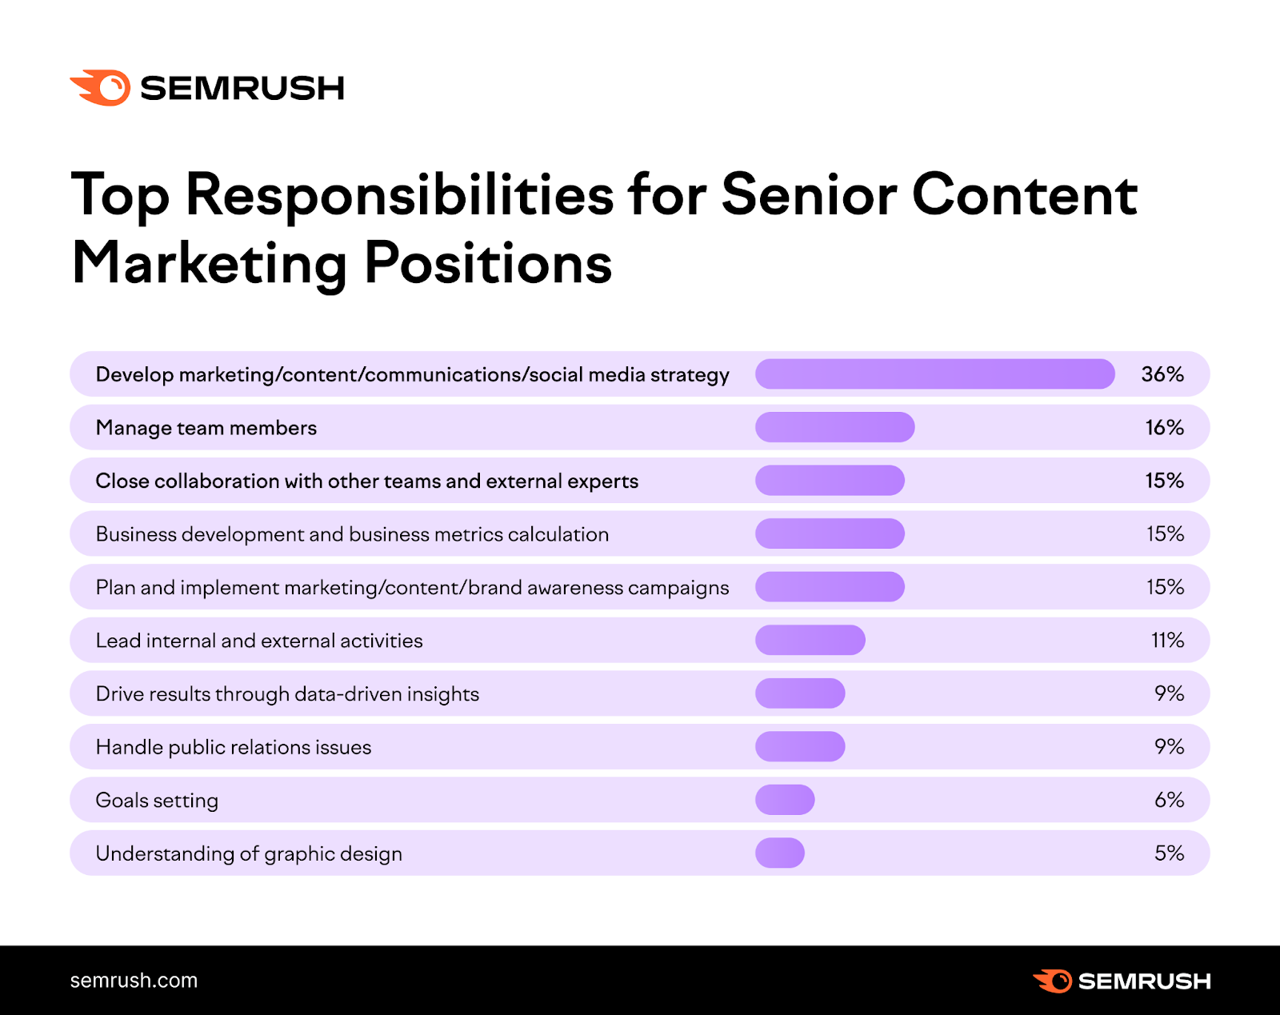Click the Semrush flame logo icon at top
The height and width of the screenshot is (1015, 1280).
pyautogui.click(x=101, y=87)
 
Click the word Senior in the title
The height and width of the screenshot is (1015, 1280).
pyautogui.click(x=809, y=194)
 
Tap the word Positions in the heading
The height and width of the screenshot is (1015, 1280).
pyautogui.click(x=488, y=263)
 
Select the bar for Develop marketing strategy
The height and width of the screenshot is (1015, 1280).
pyautogui.click(x=934, y=374)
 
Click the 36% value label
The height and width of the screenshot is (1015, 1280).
pyautogui.click(x=1162, y=374)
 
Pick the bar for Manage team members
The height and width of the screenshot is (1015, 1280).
pyautogui.click(x=834, y=427)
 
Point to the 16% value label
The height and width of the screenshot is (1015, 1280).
pyautogui.click(x=1164, y=427)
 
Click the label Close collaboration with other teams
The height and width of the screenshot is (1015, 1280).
pyautogui.click(x=366, y=481)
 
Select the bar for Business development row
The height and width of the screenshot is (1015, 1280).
pyautogui.click(x=830, y=533)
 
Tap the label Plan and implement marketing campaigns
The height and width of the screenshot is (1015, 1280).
pyautogui.click(x=412, y=587)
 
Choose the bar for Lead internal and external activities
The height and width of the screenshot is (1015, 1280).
pyautogui.click(x=810, y=640)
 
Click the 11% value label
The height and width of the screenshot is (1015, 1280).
pyautogui.click(x=1167, y=640)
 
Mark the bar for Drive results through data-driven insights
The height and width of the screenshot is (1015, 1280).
pyautogui.click(x=800, y=693)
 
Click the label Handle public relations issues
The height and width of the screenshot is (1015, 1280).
pyautogui.click(x=234, y=747)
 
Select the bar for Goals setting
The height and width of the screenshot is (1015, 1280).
pyautogui.click(x=785, y=800)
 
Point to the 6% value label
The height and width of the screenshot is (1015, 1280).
pyautogui.click(x=1169, y=800)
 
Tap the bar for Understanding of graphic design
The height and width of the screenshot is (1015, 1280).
pyautogui.click(x=780, y=853)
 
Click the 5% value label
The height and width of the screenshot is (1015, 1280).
pyautogui.click(x=1169, y=853)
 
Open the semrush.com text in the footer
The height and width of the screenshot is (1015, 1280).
pyautogui.click(x=134, y=981)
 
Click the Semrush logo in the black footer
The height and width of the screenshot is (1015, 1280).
pyautogui.click(x=1122, y=981)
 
